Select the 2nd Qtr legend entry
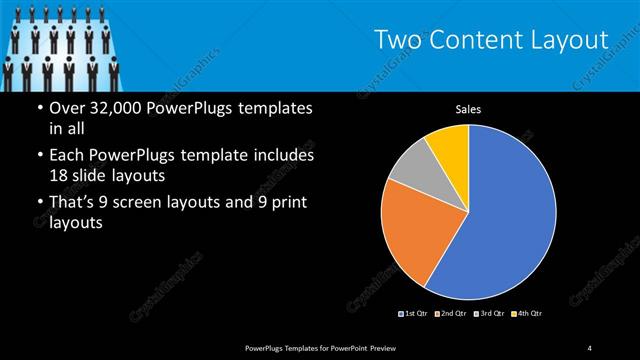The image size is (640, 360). (x=451, y=314)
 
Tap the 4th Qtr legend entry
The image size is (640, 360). (x=525, y=314)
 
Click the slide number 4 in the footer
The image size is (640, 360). (x=590, y=347)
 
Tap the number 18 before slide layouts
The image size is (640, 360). (x=60, y=175)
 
